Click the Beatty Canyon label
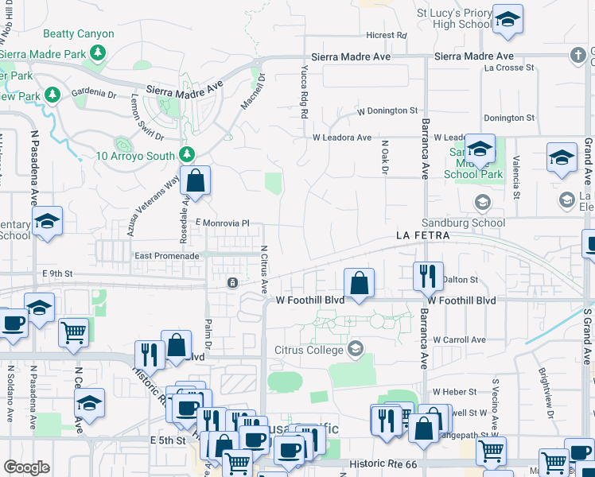(79, 34)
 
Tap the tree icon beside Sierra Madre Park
(98, 53)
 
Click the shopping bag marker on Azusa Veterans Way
(195, 182)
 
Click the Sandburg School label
(463, 223)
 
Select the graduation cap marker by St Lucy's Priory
(507, 21)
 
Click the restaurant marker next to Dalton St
(428, 277)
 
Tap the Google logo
(26, 467)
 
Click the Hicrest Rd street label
(386, 36)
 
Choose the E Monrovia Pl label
(223, 225)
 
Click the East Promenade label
(167, 256)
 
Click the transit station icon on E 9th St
(232, 281)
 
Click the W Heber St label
(454, 392)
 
